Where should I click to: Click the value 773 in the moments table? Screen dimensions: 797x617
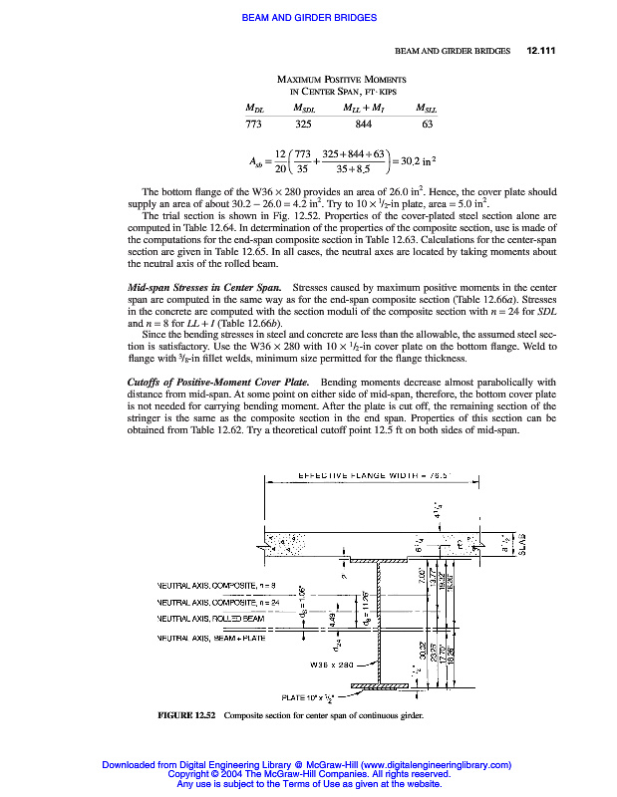[x=253, y=125]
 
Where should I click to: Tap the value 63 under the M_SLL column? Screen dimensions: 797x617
[x=427, y=125]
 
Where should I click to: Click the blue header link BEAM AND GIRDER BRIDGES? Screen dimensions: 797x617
[x=307, y=17]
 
